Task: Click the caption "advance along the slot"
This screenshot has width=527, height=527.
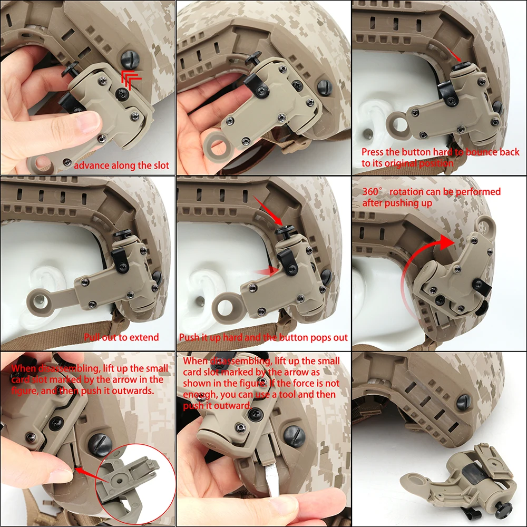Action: click(x=121, y=165)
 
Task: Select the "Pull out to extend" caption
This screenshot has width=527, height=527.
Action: click(x=121, y=337)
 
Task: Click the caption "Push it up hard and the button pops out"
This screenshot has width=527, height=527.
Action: click(x=263, y=337)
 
